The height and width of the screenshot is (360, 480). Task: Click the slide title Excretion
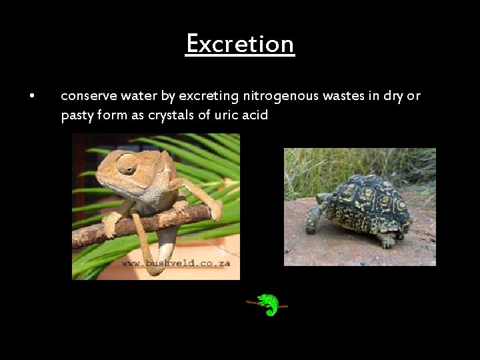pos(240,44)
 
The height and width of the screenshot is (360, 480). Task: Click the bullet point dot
pos(32,96)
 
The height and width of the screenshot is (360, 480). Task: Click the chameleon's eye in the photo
pos(127,164)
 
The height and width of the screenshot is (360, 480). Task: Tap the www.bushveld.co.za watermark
pos(176,264)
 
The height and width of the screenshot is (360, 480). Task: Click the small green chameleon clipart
pos(268,304)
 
